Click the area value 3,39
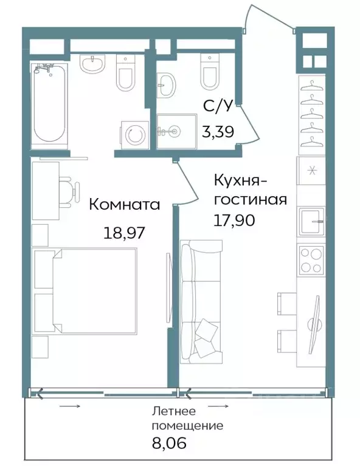218,129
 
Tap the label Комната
125,205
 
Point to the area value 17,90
234,219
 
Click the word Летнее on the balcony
175,413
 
